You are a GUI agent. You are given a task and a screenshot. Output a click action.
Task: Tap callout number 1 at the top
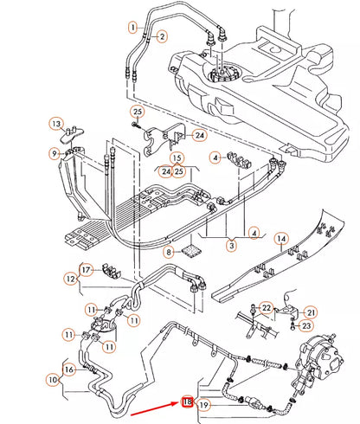point(134,27)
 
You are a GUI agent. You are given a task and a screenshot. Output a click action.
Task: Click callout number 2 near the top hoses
point(162,35)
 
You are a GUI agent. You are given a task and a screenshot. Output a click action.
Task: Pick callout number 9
point(55,154)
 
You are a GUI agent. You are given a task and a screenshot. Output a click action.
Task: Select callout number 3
point(231,247)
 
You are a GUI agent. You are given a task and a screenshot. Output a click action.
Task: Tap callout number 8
point(170,252)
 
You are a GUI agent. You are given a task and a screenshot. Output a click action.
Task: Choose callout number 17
point(87,270)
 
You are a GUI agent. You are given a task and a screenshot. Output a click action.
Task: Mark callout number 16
point(69,369)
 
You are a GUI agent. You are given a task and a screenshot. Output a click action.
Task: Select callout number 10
point(54,379)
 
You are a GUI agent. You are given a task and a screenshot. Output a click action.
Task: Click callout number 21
point(312,312)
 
